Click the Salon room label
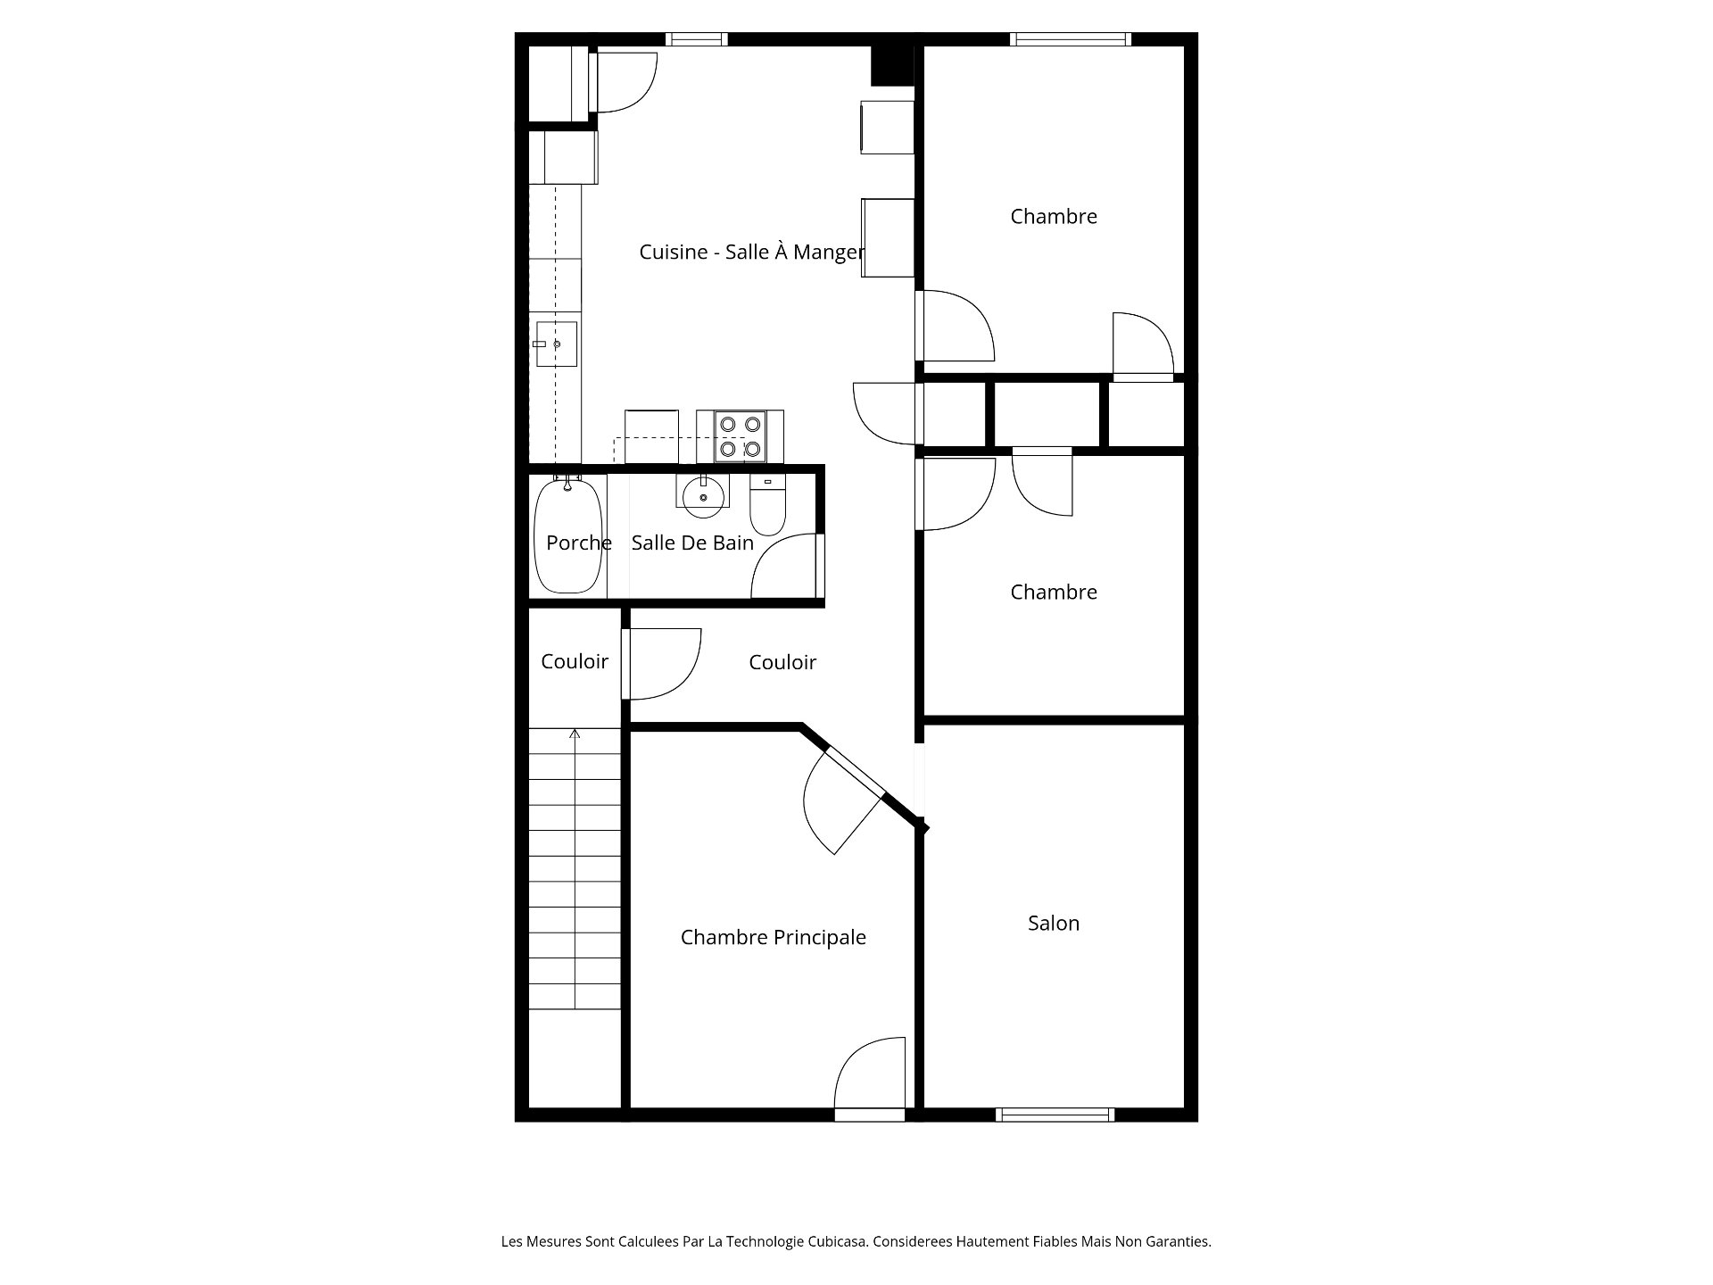point(1053,924)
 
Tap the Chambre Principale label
point(773,938)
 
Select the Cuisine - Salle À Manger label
point(751,253)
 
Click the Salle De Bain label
point(692,543)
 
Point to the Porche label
point(578,543)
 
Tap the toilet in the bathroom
point(766,504)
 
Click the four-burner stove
point(741,437)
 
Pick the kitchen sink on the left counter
point(556,344)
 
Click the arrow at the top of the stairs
point(575,734)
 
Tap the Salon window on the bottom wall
point(1055,1115)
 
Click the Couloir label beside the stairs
point(575,661)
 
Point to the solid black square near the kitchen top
point(892,66)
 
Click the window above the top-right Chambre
point(1071,39)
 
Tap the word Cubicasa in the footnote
point(838,1241)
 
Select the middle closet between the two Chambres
point(1047,414)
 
